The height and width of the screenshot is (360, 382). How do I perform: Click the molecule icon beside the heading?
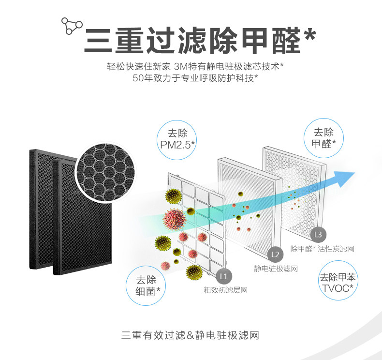(71, 26)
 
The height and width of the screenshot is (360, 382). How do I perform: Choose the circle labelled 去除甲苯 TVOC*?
(338, 284)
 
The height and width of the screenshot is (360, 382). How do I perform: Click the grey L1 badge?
(223, 276)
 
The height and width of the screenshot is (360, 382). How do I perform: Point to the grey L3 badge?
(317, 235)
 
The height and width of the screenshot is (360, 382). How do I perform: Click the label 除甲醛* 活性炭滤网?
(323, 249)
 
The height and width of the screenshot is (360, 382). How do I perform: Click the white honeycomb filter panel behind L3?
(293, 189)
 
